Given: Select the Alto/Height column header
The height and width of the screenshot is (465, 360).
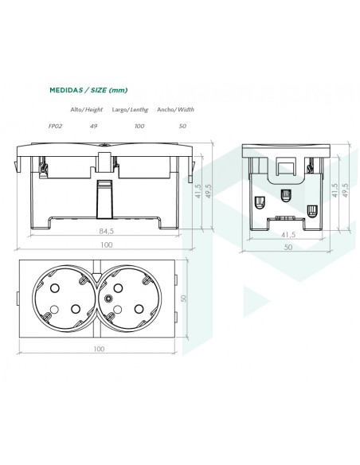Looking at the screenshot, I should (86, 109).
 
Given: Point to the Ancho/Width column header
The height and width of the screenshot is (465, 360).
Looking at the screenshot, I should (175, 109).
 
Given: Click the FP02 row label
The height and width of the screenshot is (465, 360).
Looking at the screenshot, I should (55, 126).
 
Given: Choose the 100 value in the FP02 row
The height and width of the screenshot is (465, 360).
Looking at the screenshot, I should (139, 126).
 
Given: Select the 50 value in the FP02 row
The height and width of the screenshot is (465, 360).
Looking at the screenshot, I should (182, 126).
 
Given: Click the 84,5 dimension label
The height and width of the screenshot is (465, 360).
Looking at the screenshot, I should (104, 231).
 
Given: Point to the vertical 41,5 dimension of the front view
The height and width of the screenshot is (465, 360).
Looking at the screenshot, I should (198, 192).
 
